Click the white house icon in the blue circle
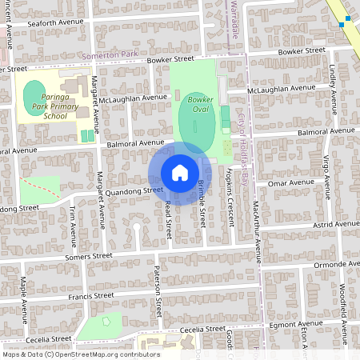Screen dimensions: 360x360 point(180,173)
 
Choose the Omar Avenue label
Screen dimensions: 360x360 point(290,182)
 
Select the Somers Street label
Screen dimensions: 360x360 point(89,257)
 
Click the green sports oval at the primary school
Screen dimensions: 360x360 point(34,95)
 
